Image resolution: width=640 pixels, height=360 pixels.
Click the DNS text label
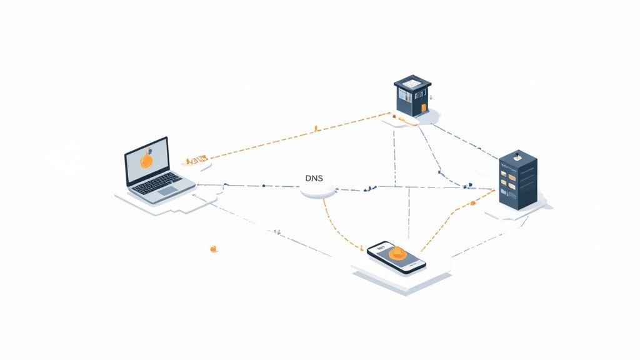pyautogui.click(x=314, y=178)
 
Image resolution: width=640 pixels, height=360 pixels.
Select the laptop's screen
pyautogui.click(x=147, y=160)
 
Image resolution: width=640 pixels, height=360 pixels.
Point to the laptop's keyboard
pyautogui.click(x=161, y=181)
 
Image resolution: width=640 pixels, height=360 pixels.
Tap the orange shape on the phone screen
pyautogui.click(x=396, y=254)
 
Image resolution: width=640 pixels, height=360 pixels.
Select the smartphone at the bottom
pyautogui.click(x=396, y=256)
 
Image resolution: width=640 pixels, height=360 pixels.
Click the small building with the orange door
pyautogui.click(x=413, y=97)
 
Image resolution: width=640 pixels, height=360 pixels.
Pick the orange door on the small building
pyautogui.click(x=423, y=107)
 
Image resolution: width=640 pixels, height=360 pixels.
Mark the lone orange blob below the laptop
pyautogui.click(x=214, y=249)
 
